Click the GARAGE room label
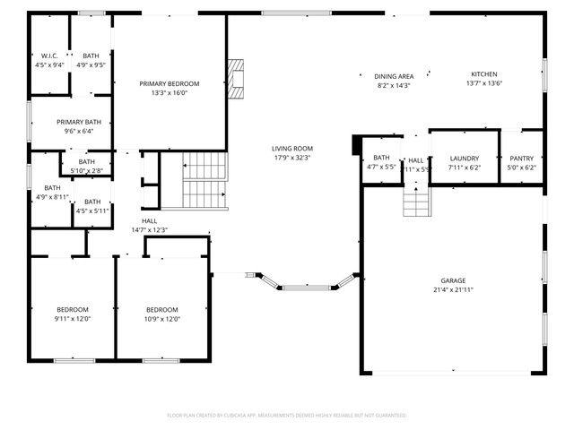452,280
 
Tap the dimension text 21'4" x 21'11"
452,290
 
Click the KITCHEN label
484,74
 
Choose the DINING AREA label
393,75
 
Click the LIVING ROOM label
292,148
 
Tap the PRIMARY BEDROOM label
169,83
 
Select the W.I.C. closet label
49,56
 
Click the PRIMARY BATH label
79,122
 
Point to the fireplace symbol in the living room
236,78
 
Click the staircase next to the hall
205,180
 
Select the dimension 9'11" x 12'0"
73,319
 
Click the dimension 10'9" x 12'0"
162,319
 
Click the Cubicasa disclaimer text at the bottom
287,415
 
